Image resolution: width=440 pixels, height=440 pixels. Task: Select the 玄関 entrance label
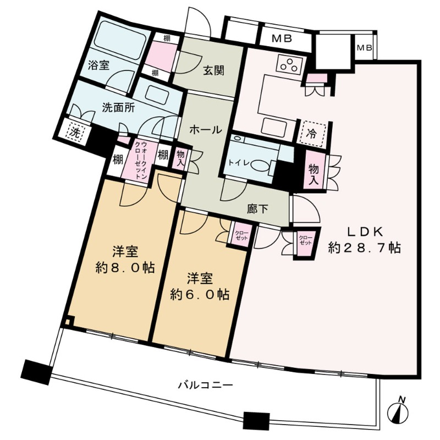[x=213, y=71]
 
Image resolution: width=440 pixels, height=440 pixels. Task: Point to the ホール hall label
[x=206, y=130]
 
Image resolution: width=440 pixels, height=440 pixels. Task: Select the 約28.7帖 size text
[x=364, y=248]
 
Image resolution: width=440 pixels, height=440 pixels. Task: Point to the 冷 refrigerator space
[x=311, y=133]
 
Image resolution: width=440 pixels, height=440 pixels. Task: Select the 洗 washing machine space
[x=74, y=131]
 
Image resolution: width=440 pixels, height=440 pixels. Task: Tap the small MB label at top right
[x=364, y=48]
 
